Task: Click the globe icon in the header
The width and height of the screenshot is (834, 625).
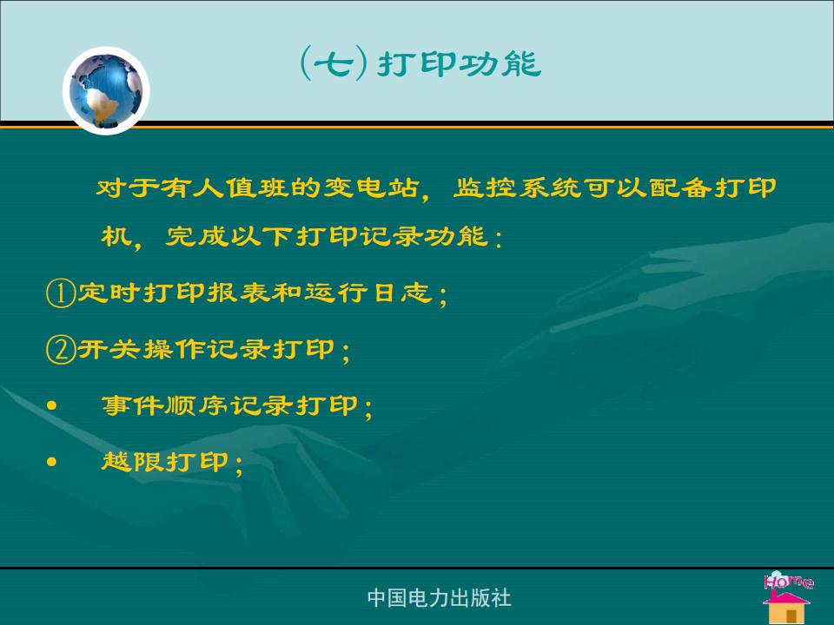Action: coord(106,90)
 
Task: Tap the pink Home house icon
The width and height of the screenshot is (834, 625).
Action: coord(787,597)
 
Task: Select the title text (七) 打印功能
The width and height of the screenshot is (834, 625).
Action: coord(420,63)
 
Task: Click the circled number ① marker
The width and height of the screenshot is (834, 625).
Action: coord(60,293)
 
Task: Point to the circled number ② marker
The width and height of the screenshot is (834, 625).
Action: coord(60,350)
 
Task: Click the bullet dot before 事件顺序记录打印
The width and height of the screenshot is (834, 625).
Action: coord(51,406)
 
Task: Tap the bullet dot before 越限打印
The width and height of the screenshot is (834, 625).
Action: coord(51,462)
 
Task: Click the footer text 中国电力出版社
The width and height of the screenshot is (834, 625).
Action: coord(440,598)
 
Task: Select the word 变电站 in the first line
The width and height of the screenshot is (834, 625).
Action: coord(371,187)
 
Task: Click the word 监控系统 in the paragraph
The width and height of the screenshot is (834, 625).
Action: coord(517,187)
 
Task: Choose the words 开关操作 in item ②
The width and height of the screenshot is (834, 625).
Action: coord(142,349)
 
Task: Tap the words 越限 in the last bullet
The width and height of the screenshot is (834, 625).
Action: coord(134,461)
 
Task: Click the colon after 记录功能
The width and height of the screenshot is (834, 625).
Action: coord(498,238)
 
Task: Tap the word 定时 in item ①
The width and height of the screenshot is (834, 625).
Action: coord(109,293)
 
